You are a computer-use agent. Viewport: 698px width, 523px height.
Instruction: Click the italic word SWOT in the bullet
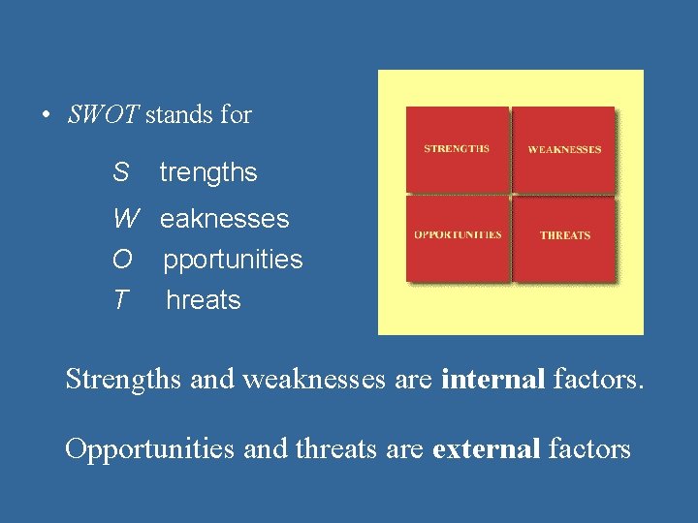[x=104, y=115]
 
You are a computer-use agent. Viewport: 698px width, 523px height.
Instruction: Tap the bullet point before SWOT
[x=46, y=116]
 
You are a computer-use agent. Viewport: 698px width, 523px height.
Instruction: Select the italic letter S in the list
[x=120, y=173]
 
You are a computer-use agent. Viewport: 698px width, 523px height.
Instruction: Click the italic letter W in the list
[x=125, y=219]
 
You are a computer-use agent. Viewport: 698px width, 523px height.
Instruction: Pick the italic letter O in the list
[x=122, y=260]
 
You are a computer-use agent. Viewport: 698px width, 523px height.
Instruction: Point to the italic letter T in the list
[x=119, y=300]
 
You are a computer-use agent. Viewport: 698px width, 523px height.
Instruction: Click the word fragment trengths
[x=208, y=173]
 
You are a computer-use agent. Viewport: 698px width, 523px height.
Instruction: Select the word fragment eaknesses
[x=224, y=219]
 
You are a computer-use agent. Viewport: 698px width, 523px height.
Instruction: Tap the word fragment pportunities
[x=233, y=260]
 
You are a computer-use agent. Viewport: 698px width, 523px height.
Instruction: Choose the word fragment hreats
[x=204, y=300]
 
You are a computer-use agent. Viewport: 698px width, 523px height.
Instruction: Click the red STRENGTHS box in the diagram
[x=457, y=149]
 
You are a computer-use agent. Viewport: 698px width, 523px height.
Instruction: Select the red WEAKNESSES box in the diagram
[x=564, y=149]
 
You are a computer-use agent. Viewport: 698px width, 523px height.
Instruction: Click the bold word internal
[x=492, y=380]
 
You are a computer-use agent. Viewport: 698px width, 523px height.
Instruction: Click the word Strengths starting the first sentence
[x=123, y=380]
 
